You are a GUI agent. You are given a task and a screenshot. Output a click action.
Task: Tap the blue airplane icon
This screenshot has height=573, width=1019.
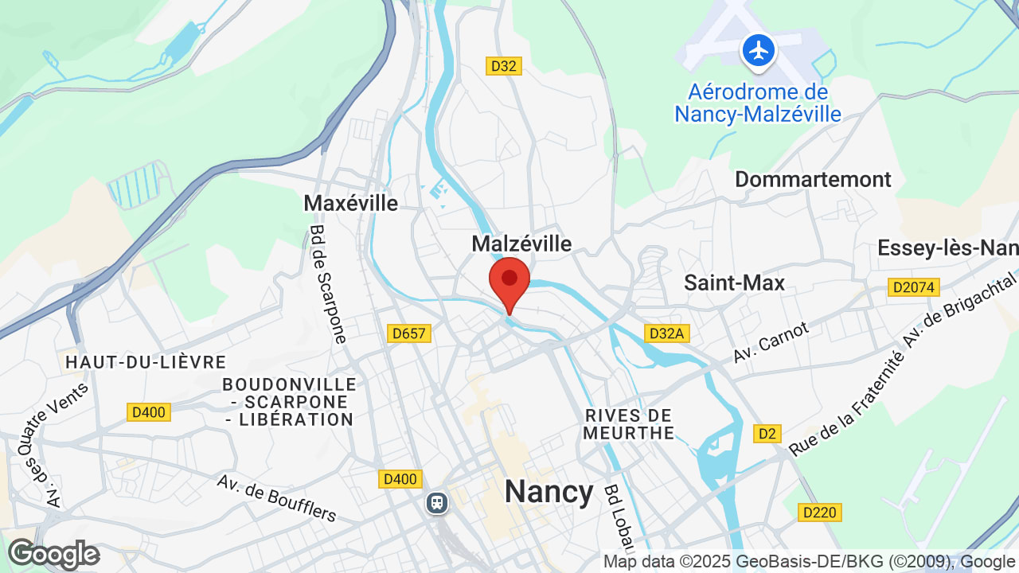pos(759,51)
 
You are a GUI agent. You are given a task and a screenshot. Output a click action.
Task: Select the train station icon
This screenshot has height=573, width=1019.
pos(436,502)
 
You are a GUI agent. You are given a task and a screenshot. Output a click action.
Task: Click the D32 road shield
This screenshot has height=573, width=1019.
pos(504,66)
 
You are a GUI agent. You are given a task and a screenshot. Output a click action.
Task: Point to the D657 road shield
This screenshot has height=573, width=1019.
pos(409,333)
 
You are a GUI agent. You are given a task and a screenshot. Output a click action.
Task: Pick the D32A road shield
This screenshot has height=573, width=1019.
pos(666,333)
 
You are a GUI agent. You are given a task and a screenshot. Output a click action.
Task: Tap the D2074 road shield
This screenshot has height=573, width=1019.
pos(914,287)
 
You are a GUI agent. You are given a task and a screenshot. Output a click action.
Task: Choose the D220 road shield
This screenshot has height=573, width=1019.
pos(820,513)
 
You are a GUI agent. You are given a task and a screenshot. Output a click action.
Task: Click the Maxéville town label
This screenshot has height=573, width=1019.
pos(350,203)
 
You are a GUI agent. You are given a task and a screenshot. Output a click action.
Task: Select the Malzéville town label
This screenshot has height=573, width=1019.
pos(521,244)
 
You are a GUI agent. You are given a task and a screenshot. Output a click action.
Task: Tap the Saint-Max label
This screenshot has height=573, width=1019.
pos(734,283)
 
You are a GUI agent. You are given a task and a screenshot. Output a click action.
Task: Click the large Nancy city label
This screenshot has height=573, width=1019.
pos(549,492)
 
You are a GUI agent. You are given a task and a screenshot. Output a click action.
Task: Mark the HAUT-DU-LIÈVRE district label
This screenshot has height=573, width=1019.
pos(146,362)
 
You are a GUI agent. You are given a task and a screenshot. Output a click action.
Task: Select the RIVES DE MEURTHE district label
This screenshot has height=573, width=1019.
pos(629,424)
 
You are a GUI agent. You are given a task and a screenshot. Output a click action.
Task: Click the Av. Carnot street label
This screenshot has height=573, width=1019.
pos(771,342)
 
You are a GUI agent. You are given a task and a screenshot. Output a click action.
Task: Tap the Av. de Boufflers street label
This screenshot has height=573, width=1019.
pos(277,497)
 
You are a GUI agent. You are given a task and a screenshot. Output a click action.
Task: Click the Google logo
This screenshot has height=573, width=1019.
pos(53,554)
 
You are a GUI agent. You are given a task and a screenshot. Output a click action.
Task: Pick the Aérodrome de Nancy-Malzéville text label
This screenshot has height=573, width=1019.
pos(758,103)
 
